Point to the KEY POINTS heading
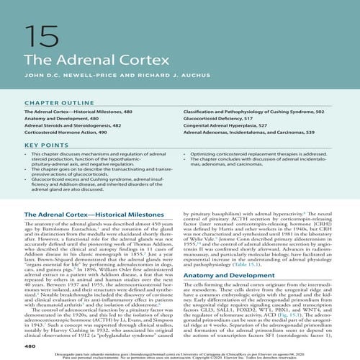pos(42,145)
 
